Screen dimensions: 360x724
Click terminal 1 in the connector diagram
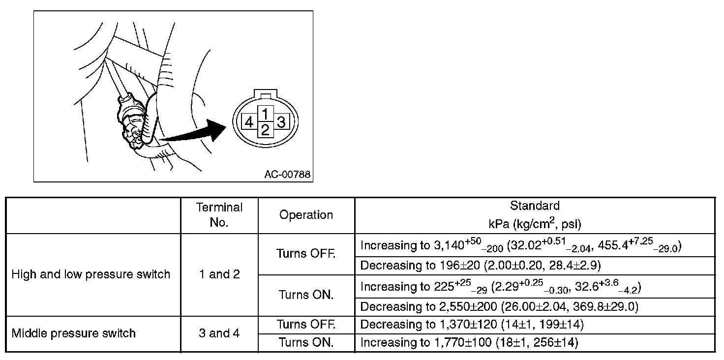(x=265, y=114)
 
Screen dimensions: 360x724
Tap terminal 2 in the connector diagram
(x=265, y=130)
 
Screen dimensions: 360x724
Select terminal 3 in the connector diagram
(x=281, y=121)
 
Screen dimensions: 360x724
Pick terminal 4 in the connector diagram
(x=249, y=121)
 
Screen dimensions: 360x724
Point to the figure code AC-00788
(x=287, y=174)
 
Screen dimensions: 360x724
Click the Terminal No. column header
(x=219, y=215)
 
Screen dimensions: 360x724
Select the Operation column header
(x=306, y=215)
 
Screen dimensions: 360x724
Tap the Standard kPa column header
(x=535, y=215)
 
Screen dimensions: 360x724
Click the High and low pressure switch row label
(x=90, y=274)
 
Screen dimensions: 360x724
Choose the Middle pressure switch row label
(x=73, y=333)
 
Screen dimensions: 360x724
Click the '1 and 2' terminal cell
(x=219, y=274)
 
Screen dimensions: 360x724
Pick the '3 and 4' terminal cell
(x=219, y=333)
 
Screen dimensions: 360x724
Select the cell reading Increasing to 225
(x=501, y=287)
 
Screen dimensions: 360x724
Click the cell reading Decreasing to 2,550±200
(x=499, y=307)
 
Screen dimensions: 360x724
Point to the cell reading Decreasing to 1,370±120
(x=472, y=325)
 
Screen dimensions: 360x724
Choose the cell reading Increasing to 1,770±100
(x=469, y=342)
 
